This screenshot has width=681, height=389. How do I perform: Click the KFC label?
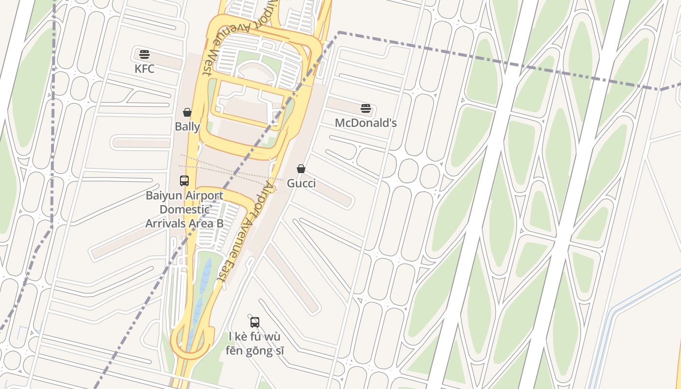click(x=144, y=69)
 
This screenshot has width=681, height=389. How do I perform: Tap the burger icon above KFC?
click(x=144, y=54)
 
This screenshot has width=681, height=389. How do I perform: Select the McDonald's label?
click(x=366, y=123)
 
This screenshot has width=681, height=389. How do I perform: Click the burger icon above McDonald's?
click(x=366, y=108)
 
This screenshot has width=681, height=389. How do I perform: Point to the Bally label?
click(x=187, y=127)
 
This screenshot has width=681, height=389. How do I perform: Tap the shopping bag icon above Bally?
click(x=187, y=112)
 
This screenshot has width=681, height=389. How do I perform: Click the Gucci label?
click(x=301, y=183)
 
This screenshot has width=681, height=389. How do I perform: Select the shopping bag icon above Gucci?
click(x=301, y=169)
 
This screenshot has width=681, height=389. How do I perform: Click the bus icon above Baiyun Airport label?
click(x=184, y=181)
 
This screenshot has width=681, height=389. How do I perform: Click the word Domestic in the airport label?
click(x=185, y=210)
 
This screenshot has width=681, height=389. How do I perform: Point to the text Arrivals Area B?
click(x=184, y=223)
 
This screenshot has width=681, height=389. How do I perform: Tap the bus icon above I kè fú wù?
click(x=255, y=322)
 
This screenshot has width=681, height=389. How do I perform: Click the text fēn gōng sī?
click(x=255, y=350)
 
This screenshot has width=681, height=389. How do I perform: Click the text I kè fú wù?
click(x=255, y=336)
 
